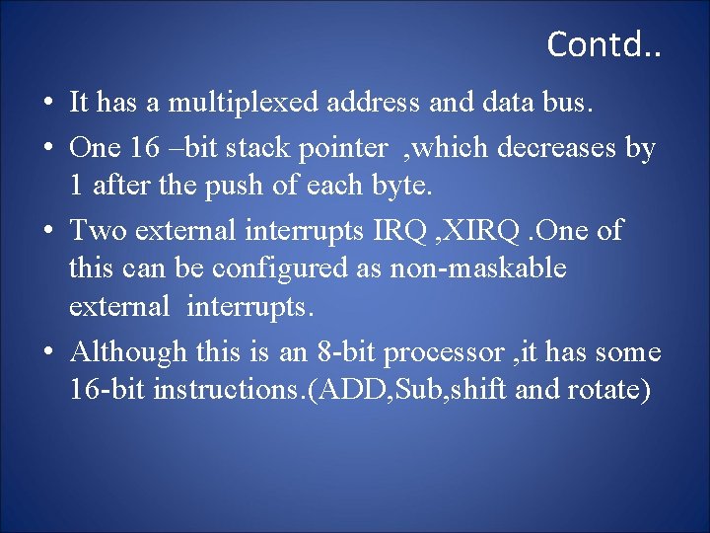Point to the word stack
click(260, 148)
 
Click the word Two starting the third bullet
click(98, 230)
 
